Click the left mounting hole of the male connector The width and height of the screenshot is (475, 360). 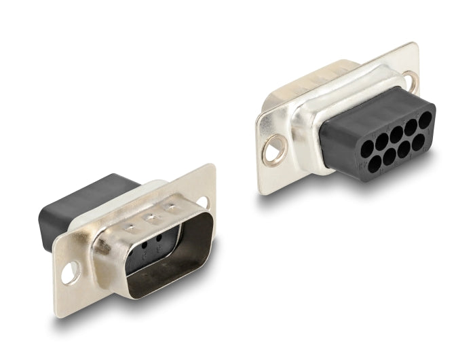69,275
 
